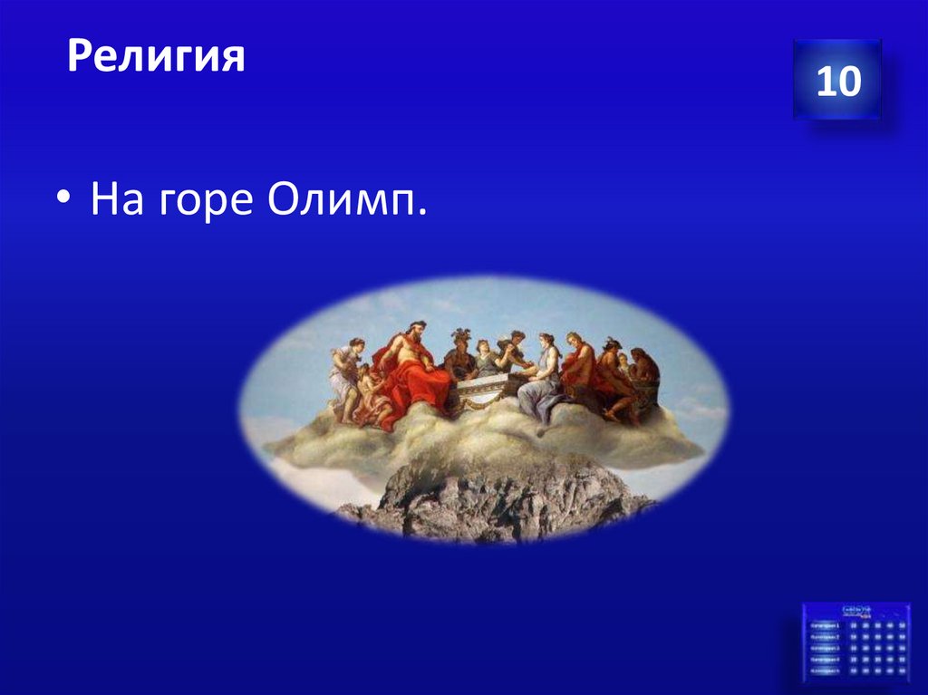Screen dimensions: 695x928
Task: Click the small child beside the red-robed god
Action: click(x=371, y=390)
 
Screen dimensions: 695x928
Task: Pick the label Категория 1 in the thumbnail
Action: click(x=825, y=625)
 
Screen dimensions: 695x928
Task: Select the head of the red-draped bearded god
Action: click(x=416, y=330)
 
